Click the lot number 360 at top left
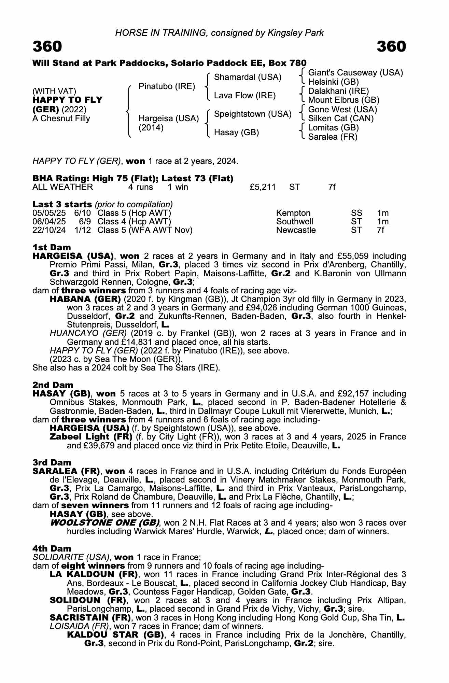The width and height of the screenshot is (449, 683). point(47,46)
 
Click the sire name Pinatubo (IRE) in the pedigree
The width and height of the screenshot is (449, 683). point(167,86)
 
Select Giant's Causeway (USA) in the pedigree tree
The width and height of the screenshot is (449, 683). point(355,73)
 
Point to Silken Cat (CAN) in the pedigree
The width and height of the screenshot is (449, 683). point(341,119)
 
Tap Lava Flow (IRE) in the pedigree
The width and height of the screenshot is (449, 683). point(244,96)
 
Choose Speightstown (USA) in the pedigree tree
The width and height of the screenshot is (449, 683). point(253,114)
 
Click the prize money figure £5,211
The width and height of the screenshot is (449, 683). point(263,187)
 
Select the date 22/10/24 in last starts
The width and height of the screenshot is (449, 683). point(49,230)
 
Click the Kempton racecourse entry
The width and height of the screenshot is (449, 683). point(293,213)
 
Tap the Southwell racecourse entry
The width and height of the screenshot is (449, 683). point(295,222)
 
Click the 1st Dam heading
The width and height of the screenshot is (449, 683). point(52,247)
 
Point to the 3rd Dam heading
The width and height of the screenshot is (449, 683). point(52,462)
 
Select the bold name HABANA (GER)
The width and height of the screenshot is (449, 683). point(85,299)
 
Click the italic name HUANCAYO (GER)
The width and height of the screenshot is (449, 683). point(88,333)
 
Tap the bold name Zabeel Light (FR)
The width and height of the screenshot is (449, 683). point(91,437)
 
